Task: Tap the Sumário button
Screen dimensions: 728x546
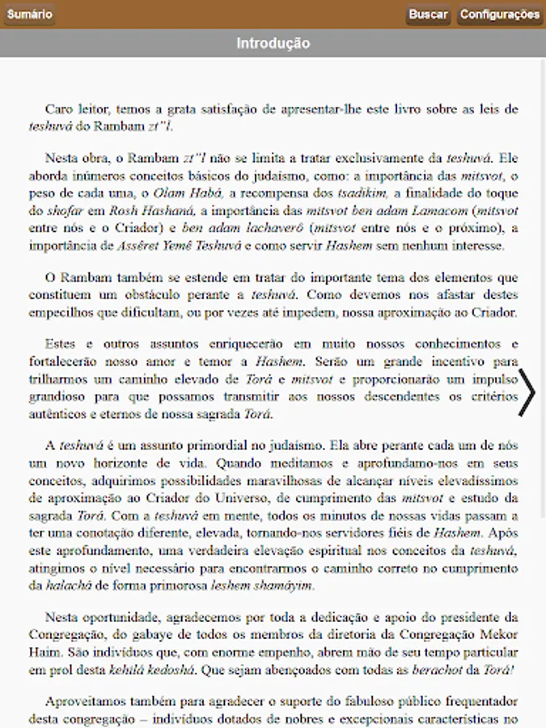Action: (30, 15)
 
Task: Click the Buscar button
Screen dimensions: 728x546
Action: (428, 15)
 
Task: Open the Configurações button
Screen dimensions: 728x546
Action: (499, 15)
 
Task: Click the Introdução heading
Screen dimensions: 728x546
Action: (273, 44)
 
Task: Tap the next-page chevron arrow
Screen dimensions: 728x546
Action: (527, 393)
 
